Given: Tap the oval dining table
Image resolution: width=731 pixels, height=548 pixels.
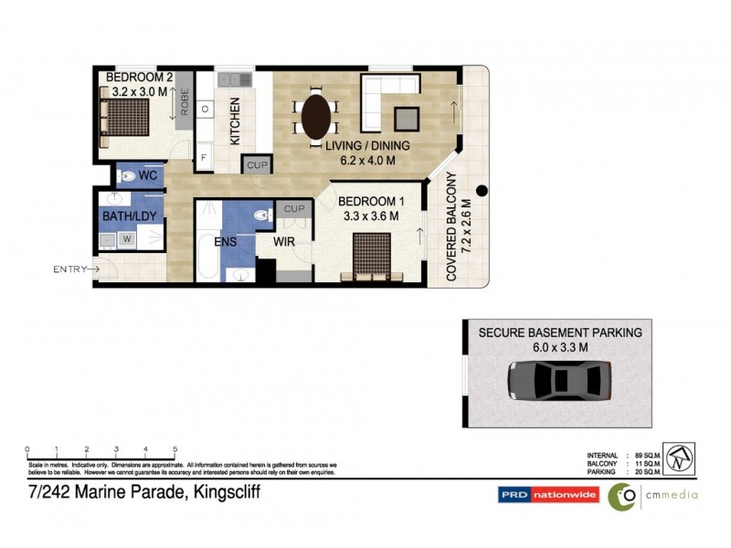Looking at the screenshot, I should (x=316, y=116).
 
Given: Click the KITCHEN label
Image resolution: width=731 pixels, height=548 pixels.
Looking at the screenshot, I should (x=235, y=121).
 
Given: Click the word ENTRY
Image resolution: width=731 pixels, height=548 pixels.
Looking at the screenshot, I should (x=69, y=269).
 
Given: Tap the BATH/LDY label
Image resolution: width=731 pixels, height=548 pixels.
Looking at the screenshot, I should (x=127, y=217).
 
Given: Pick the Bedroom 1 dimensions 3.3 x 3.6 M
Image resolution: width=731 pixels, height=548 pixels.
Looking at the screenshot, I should (x=365, y=217).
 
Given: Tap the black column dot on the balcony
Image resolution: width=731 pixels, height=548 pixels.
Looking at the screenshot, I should (x=482, y=192).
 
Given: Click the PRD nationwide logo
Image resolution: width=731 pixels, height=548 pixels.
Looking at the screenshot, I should (x=548, y=495).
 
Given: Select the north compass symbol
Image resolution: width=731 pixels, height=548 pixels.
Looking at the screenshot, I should (x=678, y=458).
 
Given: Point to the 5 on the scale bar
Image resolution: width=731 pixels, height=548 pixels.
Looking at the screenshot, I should (x=175, y=449).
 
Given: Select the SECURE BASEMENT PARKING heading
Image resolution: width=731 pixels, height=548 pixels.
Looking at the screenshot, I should (x=560, y=332).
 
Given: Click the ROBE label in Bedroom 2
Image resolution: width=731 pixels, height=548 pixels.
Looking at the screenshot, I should (x=184, y=104).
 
